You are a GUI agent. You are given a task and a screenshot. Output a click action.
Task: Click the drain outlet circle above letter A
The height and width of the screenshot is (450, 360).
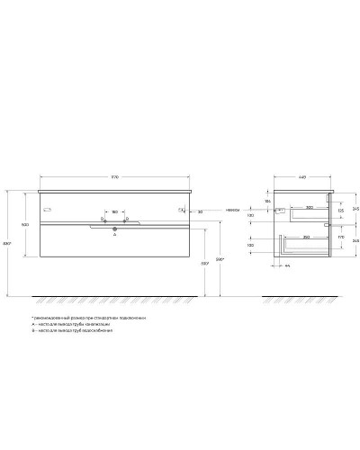114,230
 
